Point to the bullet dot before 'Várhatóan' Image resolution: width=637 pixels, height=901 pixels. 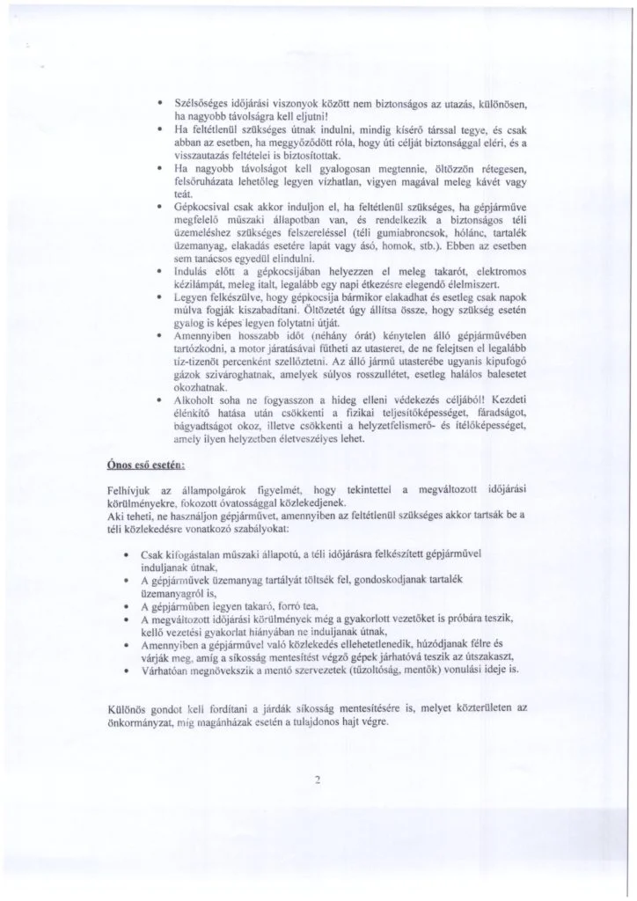coord(130,669)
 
